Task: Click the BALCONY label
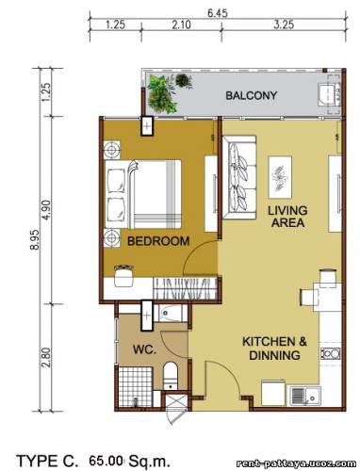[x=252, y=95]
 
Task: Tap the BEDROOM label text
[x=158, y=241]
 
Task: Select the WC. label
[x=144, y=349]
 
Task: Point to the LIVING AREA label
[x=287, y=217]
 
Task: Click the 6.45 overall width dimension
[x=218, y=13]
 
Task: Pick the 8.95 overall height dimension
[x=35, y=239]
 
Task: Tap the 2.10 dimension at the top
[x=181, y=24]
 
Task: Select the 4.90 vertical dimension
[x=45, y=210]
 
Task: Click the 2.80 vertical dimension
[x=45, y=357]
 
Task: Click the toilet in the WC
[x=171, y=376]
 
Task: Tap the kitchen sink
[x=304, y=397]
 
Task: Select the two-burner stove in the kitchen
[x=330, y=354]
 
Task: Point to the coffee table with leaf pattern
[x=280, y=177]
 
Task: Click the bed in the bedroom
[x=143, y=194]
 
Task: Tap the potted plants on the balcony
[x=166, y=93]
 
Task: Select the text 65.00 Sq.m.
[x=129, y=462]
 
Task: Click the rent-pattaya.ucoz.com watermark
[x=296, y=463]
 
